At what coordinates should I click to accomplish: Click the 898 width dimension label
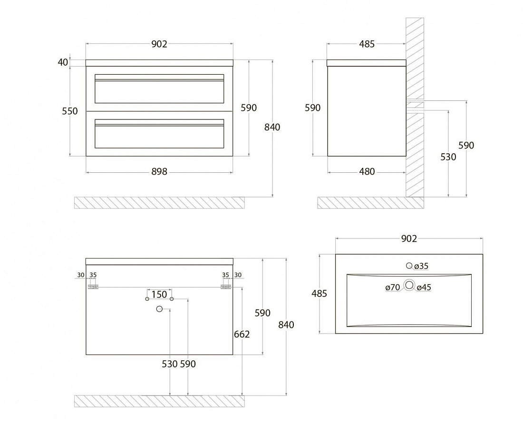coord(159,172)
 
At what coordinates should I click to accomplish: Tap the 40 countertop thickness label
coord(63,62)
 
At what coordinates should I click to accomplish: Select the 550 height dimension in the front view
coord(70,111)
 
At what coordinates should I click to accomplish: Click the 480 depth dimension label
coord(367,172)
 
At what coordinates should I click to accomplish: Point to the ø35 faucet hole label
coord(421,266)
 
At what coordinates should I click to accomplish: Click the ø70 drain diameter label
coord(393,287)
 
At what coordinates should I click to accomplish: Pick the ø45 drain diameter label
coord(424,287)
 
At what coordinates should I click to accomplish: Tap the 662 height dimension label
coord(242,334)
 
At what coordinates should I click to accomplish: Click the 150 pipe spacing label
coord(159,295)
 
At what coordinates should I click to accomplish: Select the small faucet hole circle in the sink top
coord(409,266)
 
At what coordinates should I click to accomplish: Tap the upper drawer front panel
coord(159,89)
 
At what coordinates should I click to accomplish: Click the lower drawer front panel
coord(159,134)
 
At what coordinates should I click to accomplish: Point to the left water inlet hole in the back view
coord(147,299)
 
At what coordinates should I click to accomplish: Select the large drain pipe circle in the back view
coord(159,309)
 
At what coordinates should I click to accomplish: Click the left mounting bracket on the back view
coord(93,287)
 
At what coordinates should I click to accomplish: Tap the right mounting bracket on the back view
coord(226,287)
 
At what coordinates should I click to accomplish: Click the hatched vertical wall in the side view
coord(415,107)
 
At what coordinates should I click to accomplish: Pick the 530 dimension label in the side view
coord(448,157)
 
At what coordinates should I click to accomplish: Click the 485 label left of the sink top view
coord(319,294)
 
